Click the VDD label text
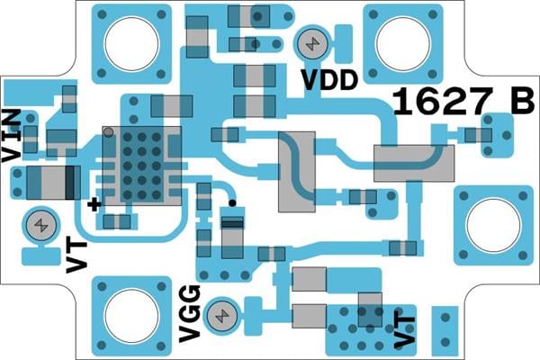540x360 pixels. coord(328,80)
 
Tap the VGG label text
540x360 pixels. coord(190,312)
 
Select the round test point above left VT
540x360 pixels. coord(40,224)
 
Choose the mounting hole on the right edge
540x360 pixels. coord(492,225)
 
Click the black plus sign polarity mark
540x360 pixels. coord(94,204)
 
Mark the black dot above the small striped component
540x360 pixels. coord(231,203)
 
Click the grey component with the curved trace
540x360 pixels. coord(297,171)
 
